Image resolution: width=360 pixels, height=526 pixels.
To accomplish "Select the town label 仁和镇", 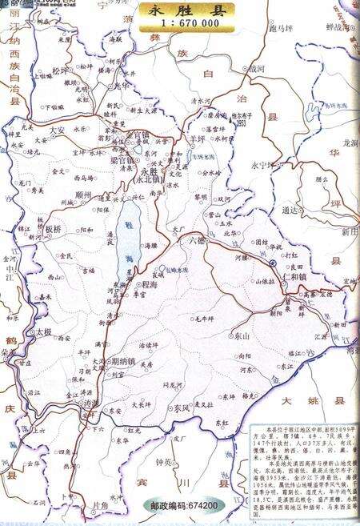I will [298, 276].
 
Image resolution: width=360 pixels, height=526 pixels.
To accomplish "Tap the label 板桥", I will [53, 229].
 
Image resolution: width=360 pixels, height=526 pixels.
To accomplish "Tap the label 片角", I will [100, 505].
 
